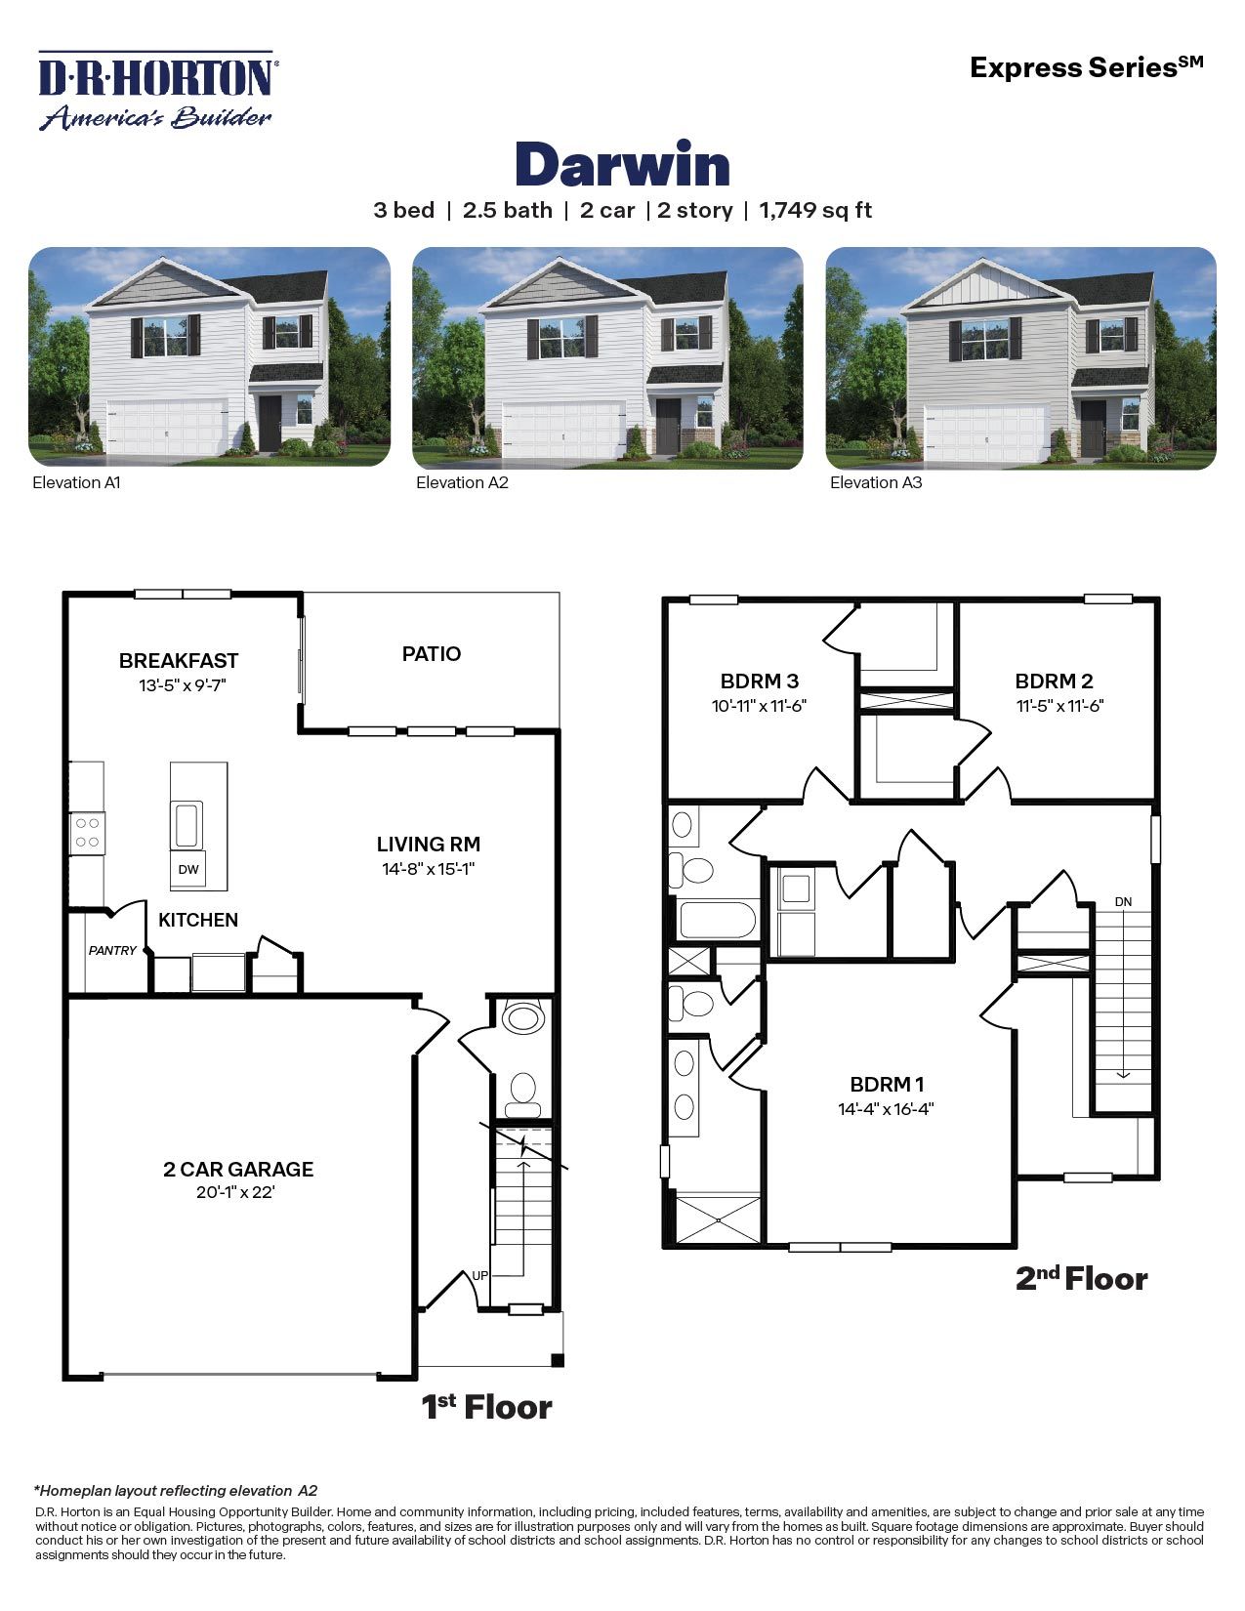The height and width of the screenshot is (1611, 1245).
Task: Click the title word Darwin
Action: (622, 165)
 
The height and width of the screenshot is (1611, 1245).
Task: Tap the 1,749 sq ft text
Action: (815, 210)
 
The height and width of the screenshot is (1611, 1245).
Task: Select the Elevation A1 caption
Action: (76, 482)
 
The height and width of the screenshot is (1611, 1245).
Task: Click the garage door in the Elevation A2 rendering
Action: (563, 429)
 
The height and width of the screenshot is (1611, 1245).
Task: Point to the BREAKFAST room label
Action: (179, 661)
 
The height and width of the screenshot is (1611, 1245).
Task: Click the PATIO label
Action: (432, 654)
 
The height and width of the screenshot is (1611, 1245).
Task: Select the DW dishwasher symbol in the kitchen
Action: (188, 869)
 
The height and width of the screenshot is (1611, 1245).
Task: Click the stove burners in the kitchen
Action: (87, 833)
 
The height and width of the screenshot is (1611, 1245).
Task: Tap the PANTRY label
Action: (112, 950)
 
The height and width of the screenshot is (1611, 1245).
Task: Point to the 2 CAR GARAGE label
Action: (238, 1169)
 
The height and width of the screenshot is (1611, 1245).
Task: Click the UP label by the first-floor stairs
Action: (479, 1275)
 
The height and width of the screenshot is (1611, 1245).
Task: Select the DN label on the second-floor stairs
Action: (1123, 901)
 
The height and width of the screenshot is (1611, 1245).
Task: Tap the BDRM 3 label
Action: (760, 682)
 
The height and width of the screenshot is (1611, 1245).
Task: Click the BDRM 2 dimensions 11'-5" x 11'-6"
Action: (1059, 706)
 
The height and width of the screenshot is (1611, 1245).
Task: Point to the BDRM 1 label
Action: (887, 1084)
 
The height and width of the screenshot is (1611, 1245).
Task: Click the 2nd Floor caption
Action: (1081, 1278)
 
